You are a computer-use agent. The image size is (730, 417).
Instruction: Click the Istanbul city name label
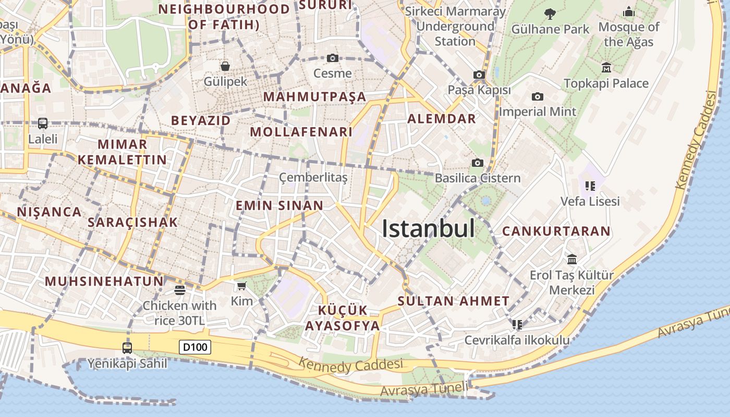[x=428, y=229]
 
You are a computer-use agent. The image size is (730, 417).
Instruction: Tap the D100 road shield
[x=195, y=347]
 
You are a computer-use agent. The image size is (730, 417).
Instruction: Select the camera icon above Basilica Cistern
[x=477, y=163]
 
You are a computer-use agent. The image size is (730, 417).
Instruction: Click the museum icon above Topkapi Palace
[x=606, y=67]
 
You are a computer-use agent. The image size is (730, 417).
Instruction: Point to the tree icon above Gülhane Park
[x=550, y=14]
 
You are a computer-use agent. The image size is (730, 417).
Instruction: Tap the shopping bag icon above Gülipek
[x=225, y=66]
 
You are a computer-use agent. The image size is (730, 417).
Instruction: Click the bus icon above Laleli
[x=43, y=124]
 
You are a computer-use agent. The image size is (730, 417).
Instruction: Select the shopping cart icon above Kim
[x=241, y=286]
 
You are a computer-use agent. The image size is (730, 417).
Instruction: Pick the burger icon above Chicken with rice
[x=180, y=290]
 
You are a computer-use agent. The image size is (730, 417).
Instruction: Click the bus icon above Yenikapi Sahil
[x=127, y=347]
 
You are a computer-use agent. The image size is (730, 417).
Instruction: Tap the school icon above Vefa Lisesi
[x=590, y=186]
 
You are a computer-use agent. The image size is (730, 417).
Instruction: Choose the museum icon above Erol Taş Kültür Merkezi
[x=572, y=259]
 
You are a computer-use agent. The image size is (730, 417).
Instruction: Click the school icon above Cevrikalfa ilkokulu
[x=517, y=325]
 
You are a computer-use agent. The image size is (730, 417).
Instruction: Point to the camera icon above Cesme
[x=333, y=58]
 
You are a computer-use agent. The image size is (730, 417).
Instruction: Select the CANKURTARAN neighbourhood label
[x=556, y=231]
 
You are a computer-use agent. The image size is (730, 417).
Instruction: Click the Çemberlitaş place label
[x=313, y=178]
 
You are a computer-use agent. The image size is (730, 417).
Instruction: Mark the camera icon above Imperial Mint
[x=538, y=96]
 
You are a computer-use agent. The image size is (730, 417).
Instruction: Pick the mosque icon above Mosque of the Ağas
[x=629, y=11]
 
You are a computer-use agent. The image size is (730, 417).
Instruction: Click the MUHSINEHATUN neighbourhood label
[x=104, y=281]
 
